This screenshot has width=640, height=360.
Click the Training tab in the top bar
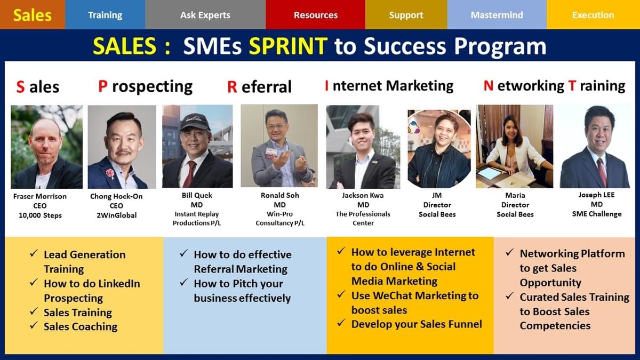click(105, 15)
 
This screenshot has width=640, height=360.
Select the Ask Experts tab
click(205, 15)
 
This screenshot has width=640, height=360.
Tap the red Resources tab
click(315, 15)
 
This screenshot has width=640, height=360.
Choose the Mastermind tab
click(497, 15)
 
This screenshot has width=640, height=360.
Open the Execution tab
click(593, 15)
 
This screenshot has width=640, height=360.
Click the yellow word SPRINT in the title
click(288, 46)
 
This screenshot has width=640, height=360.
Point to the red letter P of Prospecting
click(103, 86)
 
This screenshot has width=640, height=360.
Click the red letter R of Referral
click(232, 87)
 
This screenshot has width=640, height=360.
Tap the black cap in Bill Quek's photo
click(195, 121)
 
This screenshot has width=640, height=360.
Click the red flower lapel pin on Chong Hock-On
click(110, 173)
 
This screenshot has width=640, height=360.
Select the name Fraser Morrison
click(40, 196)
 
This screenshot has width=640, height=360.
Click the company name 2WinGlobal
click(117, 215)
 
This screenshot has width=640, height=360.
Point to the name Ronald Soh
click(279, 195)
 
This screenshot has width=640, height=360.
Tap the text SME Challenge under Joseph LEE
click(597, 214)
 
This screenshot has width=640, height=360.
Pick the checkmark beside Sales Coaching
click(34, 325)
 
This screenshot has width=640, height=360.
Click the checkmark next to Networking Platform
click(510, 252)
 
